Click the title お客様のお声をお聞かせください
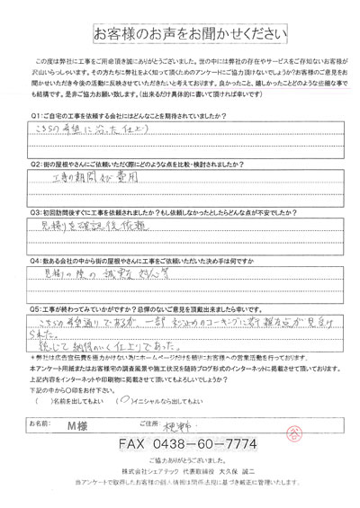[180, 33]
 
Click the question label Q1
[35, 141]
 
